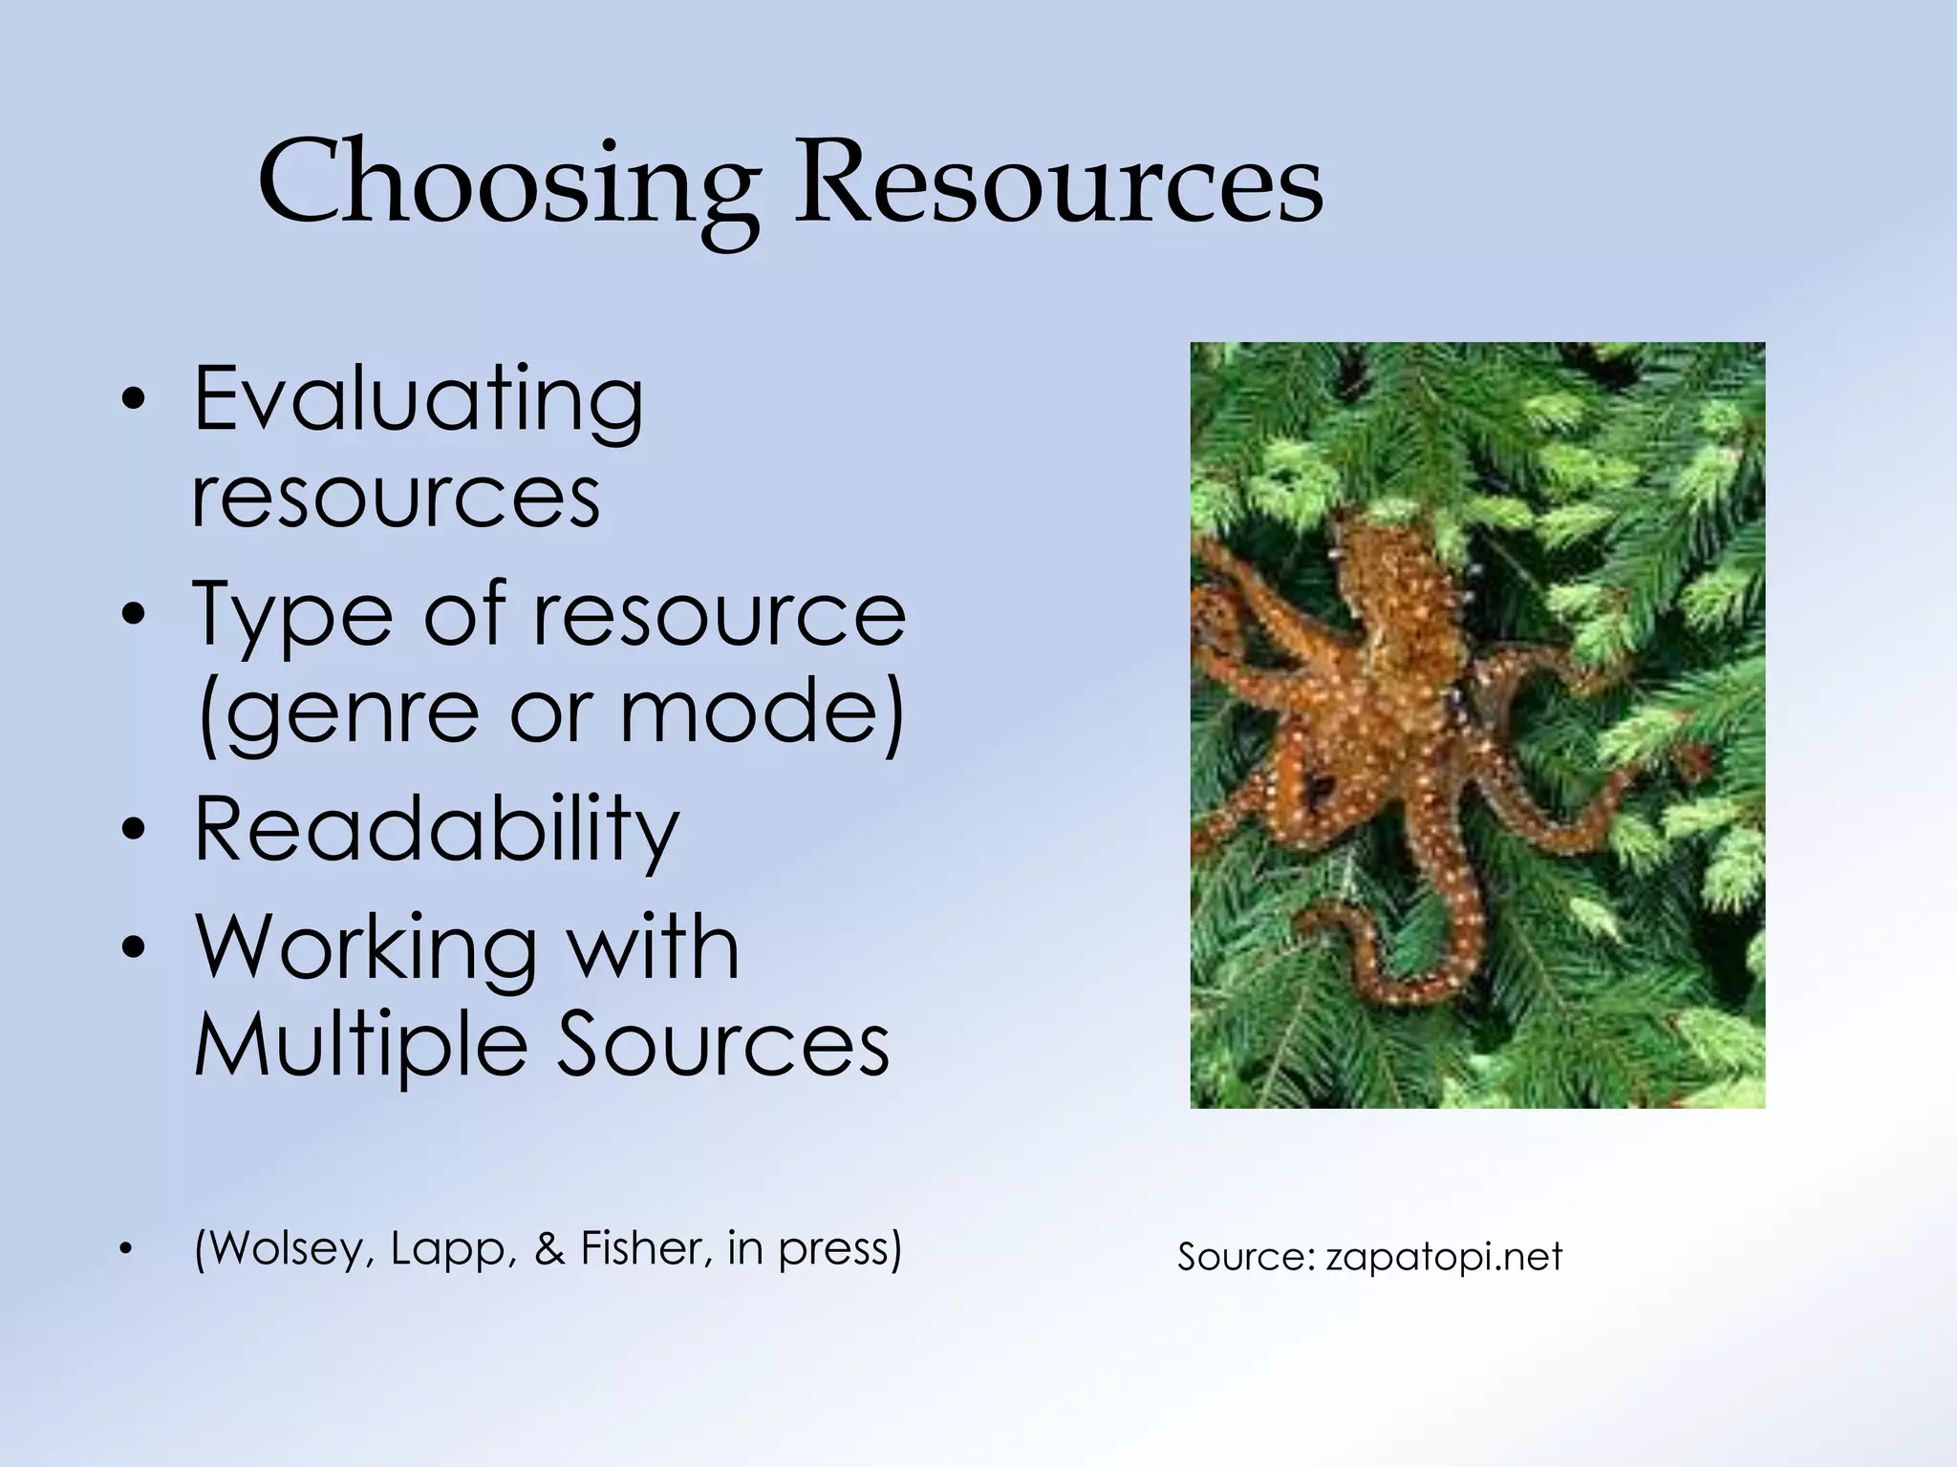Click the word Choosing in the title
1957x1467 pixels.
tap(507, 183)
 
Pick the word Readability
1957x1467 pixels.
tap(436, 828)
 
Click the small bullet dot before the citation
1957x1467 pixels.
tap(124, 1250)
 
